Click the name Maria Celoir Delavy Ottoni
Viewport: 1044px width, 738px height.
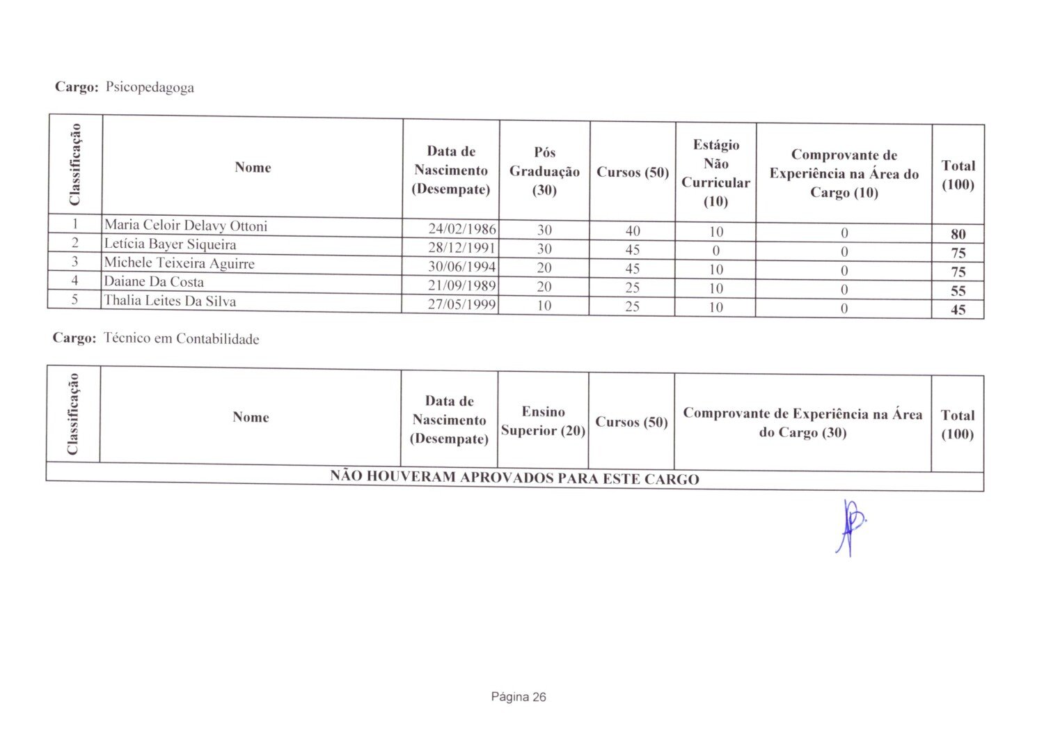186,226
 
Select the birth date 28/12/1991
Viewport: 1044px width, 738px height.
461,248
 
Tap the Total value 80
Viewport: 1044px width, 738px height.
958,234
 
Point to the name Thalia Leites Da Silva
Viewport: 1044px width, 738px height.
170,301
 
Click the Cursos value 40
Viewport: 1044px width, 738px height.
632,230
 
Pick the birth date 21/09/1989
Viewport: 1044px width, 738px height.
461,285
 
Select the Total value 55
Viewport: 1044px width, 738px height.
958,291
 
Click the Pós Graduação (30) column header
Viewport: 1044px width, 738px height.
544,171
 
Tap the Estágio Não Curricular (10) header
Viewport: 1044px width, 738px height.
715,173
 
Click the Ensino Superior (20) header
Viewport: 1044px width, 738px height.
543,421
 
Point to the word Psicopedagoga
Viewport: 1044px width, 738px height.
150,88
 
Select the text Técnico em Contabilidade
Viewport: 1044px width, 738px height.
181,339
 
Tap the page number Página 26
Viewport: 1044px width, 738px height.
519,697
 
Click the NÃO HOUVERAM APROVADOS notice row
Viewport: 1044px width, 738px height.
514,478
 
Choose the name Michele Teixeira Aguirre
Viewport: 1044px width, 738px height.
179,263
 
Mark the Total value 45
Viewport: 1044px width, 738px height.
958,310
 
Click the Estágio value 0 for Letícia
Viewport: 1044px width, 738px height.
715,251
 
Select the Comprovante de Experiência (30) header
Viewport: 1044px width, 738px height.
802,423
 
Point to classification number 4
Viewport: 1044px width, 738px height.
74,281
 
